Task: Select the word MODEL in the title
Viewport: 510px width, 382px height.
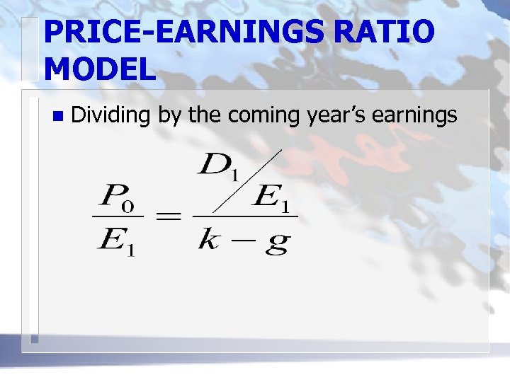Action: pyautogui.click(x=99, y=69)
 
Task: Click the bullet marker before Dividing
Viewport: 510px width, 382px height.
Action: pyautogui.click(x=57, y=115)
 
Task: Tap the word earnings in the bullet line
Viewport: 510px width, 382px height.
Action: pyautogui.click(x=420, y=115)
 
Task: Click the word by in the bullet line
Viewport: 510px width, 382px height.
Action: pyautogui.click(x=169, y=115)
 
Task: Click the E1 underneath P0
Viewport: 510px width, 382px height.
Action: pyautogui.click(x=117, y=243)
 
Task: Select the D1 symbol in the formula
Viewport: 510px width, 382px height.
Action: pyautogui.click(x=220, y=166)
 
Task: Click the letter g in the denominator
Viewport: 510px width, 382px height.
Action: pyautogui.click(x=276, y=244)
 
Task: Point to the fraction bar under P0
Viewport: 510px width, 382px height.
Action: pyautogui.click(x=118, y=217)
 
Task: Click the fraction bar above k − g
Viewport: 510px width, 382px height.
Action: pyautogui.click(x=244, y=217)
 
